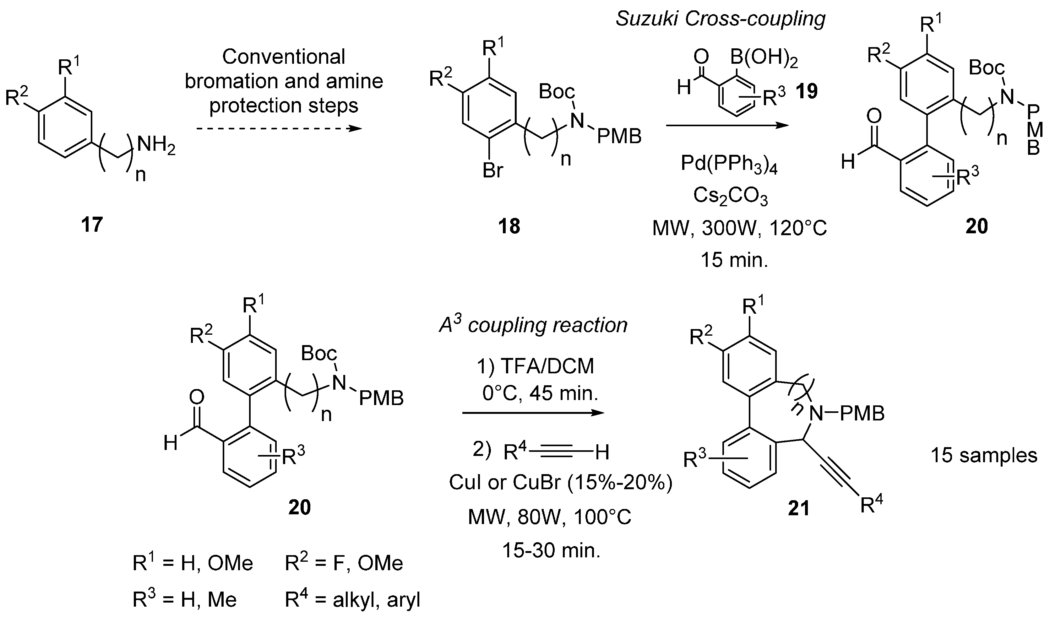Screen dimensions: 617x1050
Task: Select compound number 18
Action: [509, 226]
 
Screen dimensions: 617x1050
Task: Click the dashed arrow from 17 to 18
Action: [278, 128]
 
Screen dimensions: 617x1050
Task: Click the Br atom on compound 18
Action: [493, 170]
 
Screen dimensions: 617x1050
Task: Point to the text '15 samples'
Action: [984, 455]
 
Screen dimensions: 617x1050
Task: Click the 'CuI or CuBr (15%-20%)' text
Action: [560, 483]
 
